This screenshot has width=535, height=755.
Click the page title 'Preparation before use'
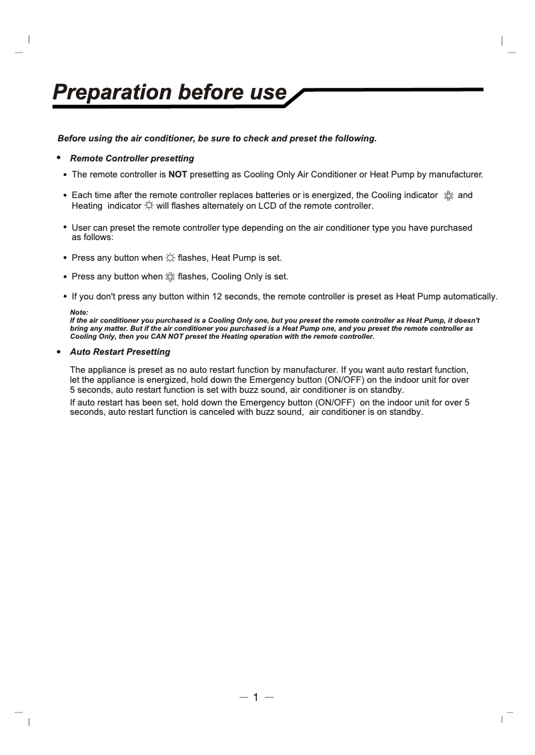click(170, 91)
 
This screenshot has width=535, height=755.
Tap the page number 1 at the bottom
click(255, 698)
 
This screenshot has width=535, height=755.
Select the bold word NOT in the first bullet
click(177, 175)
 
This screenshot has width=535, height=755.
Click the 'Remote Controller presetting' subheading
click(132, 159)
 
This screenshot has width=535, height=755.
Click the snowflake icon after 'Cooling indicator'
click(448, 196)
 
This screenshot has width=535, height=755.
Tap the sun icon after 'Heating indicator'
click(148, 206)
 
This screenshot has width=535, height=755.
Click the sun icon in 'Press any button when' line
click(170, 257)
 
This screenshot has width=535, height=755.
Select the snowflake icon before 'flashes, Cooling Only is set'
click(170, 277)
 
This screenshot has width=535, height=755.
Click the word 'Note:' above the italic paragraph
click(79, 312)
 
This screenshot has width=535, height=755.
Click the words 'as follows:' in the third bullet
click(93, 237)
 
